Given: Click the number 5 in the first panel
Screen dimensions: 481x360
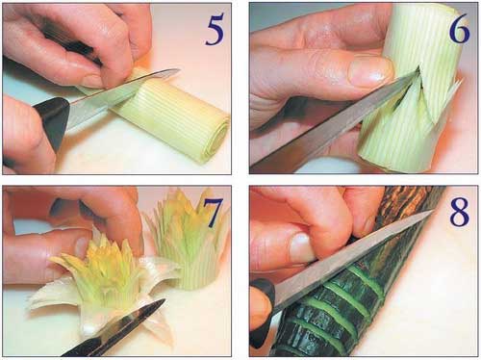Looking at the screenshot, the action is tap(215, 30).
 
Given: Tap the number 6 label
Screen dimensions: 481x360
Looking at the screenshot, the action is tap(459, 29).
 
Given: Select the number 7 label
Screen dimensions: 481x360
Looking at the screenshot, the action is tap(213, 213).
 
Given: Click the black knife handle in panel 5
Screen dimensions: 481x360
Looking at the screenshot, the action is tap(51, 123).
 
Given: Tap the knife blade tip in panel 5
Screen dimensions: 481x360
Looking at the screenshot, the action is tap(178, 69).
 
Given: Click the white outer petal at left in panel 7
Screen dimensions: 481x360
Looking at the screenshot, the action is tap(51, 296).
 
